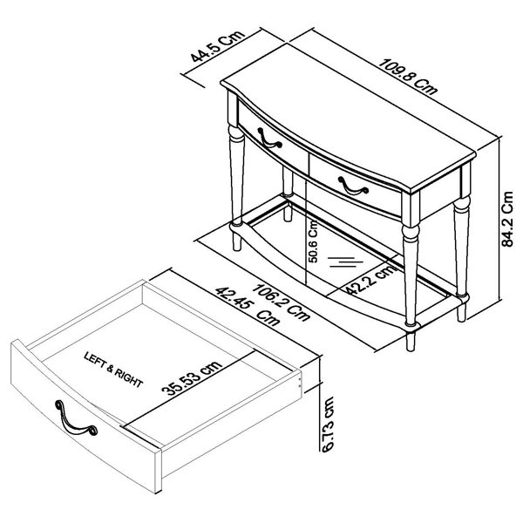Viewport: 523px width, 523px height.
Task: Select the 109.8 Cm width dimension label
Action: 409,77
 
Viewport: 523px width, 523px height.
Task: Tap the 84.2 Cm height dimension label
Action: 507,219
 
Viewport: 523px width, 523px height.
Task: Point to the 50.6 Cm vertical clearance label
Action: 313,241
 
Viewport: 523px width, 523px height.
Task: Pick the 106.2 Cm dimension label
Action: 280,302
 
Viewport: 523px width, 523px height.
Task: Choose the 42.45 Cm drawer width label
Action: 247,307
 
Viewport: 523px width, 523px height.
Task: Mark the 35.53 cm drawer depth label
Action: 192,378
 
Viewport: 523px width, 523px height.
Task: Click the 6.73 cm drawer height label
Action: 328,425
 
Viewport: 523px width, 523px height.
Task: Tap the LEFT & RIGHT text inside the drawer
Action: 113,370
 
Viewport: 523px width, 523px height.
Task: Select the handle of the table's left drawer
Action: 269,139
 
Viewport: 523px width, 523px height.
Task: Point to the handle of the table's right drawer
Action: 353,185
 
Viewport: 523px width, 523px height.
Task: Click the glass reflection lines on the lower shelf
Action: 345,261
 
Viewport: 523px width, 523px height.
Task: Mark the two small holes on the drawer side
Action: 299,382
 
